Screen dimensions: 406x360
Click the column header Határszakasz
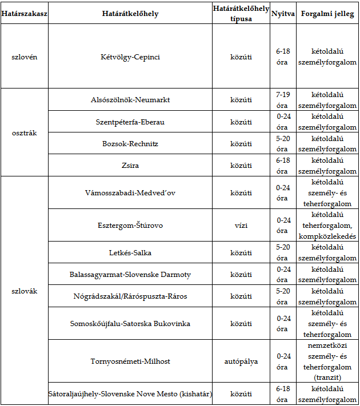click(24, 13)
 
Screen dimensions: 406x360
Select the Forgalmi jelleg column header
click(327, 13)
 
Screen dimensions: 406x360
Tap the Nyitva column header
click(282, 13)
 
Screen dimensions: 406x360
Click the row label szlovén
click(24, 57)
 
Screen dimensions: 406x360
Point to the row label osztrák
click(24, 132)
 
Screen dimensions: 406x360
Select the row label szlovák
click(24, 291)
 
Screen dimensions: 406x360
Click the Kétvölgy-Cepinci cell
click(130, 57)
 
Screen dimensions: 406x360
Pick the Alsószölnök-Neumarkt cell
click(130, 100)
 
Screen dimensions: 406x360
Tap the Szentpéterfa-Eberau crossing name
click(130, 122)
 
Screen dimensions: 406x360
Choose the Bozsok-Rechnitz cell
click(130, 143)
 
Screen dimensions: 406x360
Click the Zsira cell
click(130, 166)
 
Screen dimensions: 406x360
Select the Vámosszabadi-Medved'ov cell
click(130, 192)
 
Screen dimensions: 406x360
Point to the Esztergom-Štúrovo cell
click(130, 226)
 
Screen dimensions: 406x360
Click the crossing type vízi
click(241, 226)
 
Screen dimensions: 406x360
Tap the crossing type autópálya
click(241, 361)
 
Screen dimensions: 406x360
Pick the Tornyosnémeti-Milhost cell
click(130, 361)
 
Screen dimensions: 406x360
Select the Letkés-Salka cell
click(130, 252)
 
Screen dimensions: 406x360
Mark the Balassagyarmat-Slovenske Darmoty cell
click(130, 275)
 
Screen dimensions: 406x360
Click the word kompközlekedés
click(327, 236)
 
